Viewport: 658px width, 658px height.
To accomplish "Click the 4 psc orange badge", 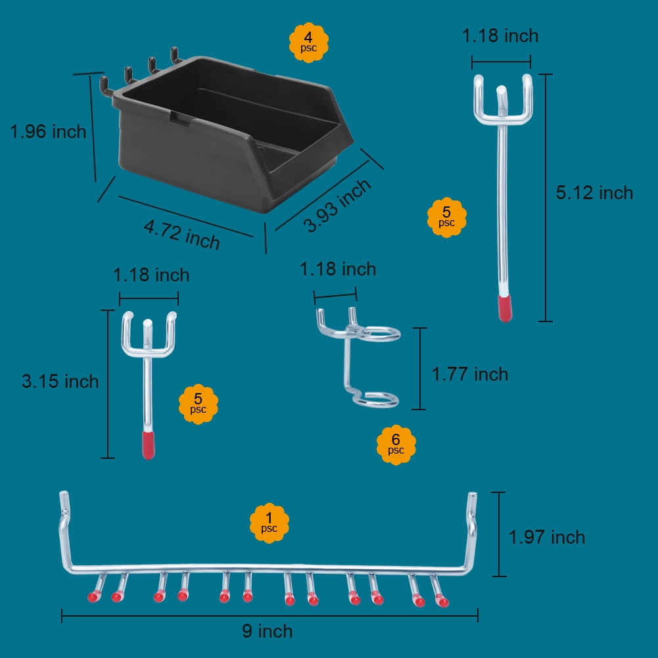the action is (308, 42).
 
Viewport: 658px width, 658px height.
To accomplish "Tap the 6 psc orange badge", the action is (396, 444).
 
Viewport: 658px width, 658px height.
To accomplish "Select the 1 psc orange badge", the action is (269, 523).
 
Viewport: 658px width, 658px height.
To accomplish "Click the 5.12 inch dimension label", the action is (594, 193).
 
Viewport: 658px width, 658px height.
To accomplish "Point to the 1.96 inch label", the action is (48, 131).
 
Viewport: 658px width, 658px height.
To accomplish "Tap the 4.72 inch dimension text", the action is (181, 235).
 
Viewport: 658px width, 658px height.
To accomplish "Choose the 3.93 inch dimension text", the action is (338, 206).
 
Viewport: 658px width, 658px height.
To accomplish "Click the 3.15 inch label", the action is (60, 381).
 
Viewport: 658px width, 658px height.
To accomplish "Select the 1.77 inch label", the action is (469, 374).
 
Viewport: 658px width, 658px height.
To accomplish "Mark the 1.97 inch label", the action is (547, 537).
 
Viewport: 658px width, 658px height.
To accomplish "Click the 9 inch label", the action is (268, 631).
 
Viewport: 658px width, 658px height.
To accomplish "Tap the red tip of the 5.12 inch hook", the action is (505, 308).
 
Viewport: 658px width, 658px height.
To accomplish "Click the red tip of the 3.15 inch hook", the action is (148, 445).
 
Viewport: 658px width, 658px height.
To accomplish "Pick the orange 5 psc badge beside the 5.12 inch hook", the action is (446, 218).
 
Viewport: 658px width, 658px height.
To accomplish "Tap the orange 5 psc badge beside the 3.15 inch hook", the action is (198, 404).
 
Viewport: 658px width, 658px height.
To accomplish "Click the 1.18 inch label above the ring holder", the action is (338, 269).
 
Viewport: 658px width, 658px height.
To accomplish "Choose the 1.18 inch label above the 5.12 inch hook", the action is (500, 35).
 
